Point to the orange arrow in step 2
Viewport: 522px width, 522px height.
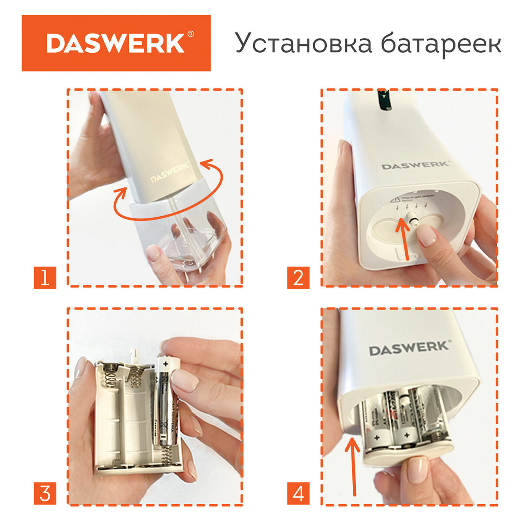pos(403,239)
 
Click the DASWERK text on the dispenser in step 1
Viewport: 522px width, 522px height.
pos(170,173)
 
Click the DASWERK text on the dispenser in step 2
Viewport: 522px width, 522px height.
pos(415,165)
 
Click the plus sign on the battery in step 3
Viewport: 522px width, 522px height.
pos(165,362)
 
